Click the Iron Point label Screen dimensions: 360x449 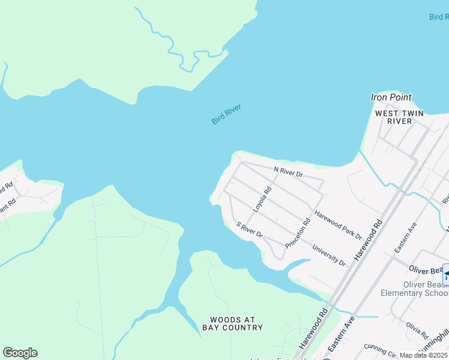(391, 97)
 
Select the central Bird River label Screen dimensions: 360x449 (226, 115)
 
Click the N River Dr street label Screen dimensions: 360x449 (289, 172)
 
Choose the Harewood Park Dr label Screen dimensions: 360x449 (339, 222)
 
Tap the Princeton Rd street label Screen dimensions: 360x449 (298, 234)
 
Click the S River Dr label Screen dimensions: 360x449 (250, 229)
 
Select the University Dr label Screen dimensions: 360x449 (329, 254)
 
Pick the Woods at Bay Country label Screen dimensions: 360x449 (236, 323)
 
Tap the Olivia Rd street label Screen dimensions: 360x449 (416, 330)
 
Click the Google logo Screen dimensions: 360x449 (20, 353)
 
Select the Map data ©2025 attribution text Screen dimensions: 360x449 (423, 355)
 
